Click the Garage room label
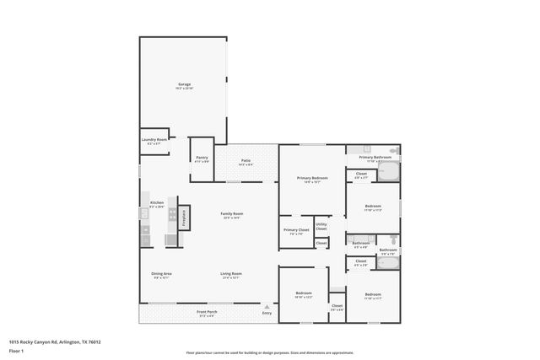coord(184,84)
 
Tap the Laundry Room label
coord(154,140)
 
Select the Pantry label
coord(202,157)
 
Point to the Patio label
coord(246,160)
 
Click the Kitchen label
coord(156,203)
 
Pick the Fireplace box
coord(183,217)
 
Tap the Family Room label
coord(231,214)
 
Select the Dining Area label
coord(162,274)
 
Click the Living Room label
coord(231,274)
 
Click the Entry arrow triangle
coord(267,306)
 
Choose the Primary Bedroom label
coord(311,178)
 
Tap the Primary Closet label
coord(295,230)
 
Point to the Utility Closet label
coord(321,227)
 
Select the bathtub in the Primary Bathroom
coord(387,172)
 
